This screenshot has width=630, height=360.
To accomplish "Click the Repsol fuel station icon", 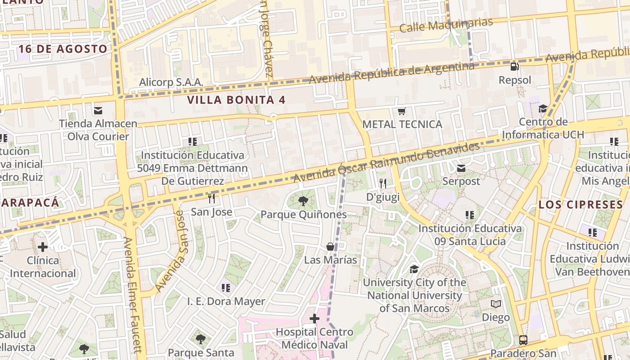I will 514,67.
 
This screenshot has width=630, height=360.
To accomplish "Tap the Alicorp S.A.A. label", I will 171,82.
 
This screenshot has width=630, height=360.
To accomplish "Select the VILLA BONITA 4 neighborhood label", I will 236,100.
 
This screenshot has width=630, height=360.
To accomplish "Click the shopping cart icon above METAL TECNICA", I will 402,111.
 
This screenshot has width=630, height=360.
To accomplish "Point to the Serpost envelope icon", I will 461,168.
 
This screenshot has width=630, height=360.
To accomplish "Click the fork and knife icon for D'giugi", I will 383,183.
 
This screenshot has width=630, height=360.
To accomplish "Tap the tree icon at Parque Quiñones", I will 303,201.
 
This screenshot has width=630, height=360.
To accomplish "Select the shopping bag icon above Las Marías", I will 330,247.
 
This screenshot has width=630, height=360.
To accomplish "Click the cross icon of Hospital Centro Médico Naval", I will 314,319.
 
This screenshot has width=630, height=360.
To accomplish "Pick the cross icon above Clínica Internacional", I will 43,247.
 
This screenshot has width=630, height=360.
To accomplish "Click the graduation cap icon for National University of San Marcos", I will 414,269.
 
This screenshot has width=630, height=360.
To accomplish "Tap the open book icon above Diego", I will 496,304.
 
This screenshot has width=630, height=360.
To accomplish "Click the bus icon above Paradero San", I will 523,340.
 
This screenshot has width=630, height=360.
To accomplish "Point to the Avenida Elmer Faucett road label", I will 134,295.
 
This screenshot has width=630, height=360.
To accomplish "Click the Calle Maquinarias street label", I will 446,25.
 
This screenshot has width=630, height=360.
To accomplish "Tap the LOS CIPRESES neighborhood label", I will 580,205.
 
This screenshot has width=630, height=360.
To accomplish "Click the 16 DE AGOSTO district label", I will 63,49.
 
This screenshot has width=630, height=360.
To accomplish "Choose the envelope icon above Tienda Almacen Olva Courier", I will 98,110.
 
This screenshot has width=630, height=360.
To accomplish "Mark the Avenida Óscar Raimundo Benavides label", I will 387,163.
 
